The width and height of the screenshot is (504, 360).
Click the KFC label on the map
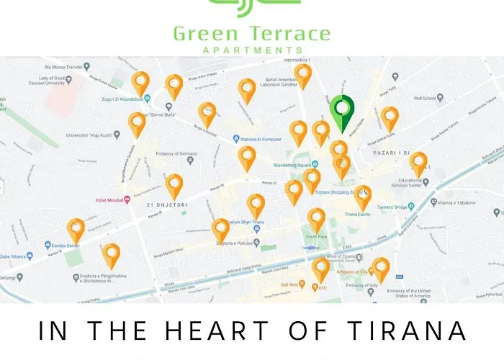323,287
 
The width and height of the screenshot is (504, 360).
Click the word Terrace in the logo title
290,33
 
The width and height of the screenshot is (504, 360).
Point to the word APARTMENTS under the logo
252,50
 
